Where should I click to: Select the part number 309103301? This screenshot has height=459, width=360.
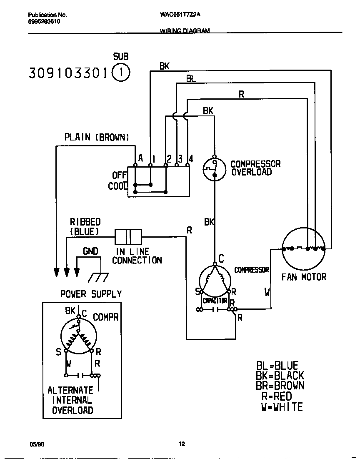[69, 73]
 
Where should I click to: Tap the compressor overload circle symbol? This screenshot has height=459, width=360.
[213, 168]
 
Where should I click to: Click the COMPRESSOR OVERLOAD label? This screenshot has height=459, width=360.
[255, 168]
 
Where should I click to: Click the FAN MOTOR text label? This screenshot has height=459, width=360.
[304, 277]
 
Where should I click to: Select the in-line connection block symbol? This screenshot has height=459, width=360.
[128, 237]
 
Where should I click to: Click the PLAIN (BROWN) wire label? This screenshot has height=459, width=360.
[97, 137]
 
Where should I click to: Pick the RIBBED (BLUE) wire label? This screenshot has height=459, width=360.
[85, 227]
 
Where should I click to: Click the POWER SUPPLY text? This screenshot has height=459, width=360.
[91, 294]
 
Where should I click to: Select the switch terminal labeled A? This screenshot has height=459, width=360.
[140, 158]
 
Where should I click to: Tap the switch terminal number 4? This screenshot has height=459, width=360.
[190, 158]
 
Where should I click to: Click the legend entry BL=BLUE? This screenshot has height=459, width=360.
[277, 366]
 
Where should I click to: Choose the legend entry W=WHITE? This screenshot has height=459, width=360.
[282, 407]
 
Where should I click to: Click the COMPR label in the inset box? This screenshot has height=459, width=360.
[105, 317]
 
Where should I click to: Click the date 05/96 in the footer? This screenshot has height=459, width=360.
[37, 444]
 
